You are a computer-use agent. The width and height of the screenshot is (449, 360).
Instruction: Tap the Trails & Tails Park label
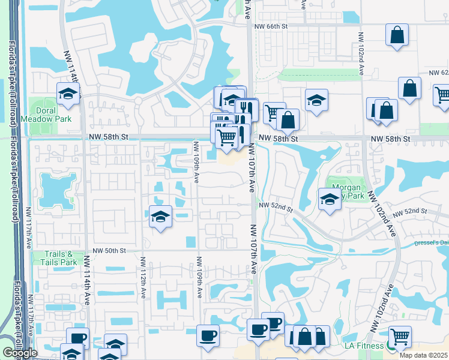[x=59, y=258]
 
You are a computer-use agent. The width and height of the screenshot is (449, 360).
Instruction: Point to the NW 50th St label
[x=109, y=250]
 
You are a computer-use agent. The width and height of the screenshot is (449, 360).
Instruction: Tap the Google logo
[x=20, y=353]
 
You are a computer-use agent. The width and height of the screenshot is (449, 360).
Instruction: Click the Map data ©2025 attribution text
[x=423, y=355]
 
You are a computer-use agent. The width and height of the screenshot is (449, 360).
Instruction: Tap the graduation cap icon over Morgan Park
[x=330, y=199]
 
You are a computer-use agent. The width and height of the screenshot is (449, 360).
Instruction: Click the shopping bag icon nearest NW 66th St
[x=397, y=35]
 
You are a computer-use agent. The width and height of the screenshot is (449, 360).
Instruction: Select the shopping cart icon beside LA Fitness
[x=400, y=337]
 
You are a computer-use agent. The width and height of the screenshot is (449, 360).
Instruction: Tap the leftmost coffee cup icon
[x=208, y=335]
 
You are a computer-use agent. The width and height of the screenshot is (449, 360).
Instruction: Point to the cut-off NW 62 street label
[x=438, y=72]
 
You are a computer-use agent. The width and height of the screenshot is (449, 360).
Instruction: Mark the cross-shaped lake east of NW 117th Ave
[x=55, y=190]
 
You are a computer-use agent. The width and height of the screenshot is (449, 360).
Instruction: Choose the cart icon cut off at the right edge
[x=442, y=95]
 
